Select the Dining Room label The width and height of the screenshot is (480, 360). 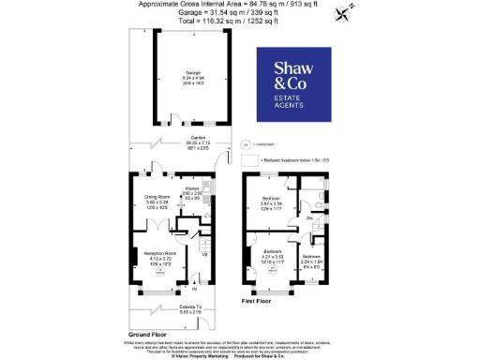(x=156, y=198)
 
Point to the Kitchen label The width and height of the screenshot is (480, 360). (x=193, y=187)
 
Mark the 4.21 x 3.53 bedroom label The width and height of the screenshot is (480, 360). (x=273, y=252)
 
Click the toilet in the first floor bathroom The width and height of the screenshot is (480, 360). (x=320, y=205)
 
